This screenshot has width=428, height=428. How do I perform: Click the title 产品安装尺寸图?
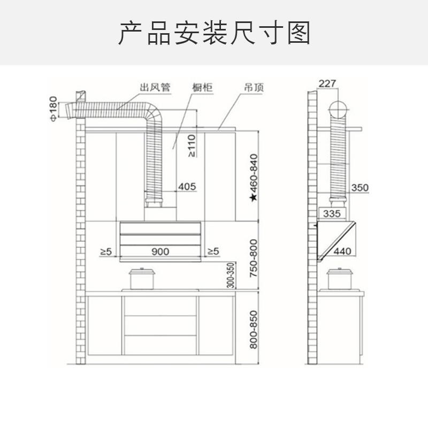click(x=214, y=33)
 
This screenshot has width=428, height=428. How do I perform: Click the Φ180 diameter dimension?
click(x=52, y=109)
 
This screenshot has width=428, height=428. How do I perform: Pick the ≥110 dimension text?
click(x=192, y=145)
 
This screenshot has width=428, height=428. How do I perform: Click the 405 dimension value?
click(x=187, y=187)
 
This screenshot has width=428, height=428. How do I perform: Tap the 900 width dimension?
click(x=160, y=251)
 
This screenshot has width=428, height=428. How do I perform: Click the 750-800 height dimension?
click(x=253, y=258)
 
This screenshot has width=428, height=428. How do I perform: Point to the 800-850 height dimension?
click(x=253, y=330)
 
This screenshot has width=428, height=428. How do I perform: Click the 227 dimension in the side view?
click(x=327, y=83)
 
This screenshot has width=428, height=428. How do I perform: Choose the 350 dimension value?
click(x=360, y=187)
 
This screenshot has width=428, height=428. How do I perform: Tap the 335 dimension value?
click(x=332, y=214)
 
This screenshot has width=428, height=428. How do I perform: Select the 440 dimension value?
click(x=342, y=251)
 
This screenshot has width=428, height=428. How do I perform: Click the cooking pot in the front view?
click(x=142, y=278)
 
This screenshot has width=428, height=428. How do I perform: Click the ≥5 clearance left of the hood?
click(x=106, y=251)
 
